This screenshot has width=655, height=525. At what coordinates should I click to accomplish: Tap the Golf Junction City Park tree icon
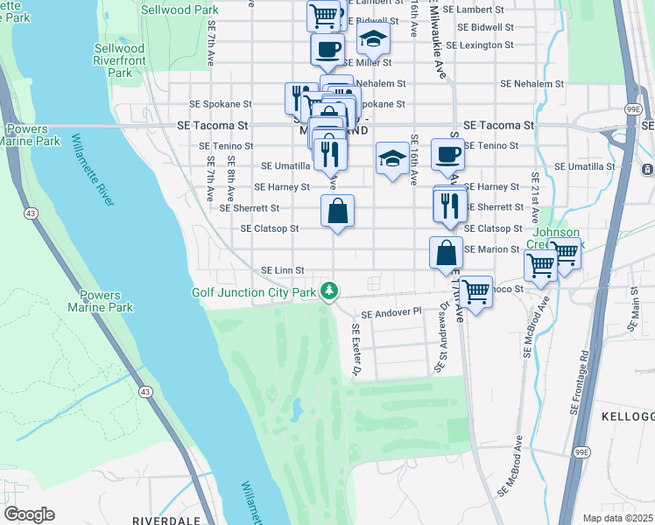click(329, 290)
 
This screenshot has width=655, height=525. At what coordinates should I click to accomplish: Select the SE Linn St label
click(282, 270)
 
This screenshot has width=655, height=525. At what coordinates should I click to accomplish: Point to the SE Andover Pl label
click(391, 311)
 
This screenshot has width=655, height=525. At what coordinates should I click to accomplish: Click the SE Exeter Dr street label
click(357, 350)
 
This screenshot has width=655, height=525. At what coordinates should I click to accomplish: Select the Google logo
click(29, 514)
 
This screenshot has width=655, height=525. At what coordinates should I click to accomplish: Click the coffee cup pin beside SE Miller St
click(327, 49)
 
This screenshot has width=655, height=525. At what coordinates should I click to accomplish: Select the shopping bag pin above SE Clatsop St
click(337, 211)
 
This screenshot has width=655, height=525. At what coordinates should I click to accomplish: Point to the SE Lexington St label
click(479, 45)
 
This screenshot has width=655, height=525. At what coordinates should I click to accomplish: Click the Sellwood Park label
click(181, 10)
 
